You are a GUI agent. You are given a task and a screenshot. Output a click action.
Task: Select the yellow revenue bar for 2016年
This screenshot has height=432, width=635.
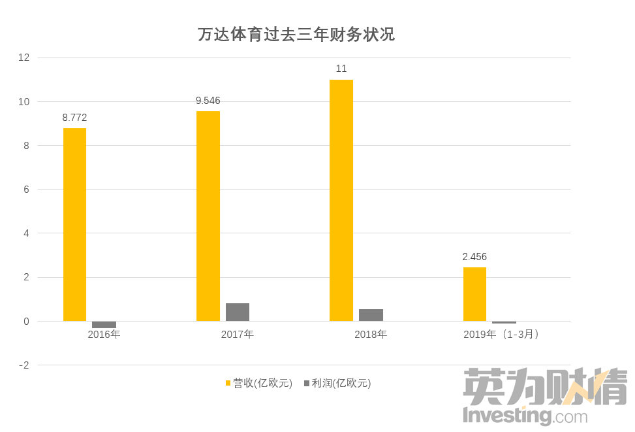[74, 224]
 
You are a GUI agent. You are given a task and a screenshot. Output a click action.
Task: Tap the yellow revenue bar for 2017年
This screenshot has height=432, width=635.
[208, 216]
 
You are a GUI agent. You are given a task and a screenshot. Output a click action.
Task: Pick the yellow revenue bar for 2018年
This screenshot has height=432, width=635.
[341, 200]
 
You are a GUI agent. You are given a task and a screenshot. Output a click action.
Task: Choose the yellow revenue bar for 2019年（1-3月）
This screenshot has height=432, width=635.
[474, 294]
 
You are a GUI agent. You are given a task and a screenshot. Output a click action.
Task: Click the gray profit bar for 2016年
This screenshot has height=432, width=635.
[104, 324]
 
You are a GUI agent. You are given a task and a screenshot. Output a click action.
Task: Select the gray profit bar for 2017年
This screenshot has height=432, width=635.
[238, 312]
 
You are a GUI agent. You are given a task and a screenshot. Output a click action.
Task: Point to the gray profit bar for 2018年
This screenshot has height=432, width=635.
[371, 315]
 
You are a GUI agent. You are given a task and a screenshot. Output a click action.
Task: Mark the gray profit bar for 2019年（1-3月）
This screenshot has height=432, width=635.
[504, 322]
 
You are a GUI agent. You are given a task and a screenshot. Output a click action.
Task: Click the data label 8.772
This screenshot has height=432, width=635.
[74, 118]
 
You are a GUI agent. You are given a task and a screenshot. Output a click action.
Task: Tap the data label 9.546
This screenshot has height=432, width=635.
[208, 101]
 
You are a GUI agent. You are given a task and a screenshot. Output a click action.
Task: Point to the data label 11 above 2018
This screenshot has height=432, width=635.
[341, 69]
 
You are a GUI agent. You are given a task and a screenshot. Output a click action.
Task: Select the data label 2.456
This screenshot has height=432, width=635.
[474, 257]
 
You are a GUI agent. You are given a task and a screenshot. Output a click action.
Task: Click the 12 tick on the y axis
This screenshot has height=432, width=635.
[24, 58]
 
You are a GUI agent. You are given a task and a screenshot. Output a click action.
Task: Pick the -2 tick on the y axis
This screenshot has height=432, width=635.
[23, 365]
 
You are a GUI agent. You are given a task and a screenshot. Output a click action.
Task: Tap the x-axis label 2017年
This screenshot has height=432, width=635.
[238, 335]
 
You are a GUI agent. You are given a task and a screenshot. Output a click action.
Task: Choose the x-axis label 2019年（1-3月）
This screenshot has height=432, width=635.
[504, 335]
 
